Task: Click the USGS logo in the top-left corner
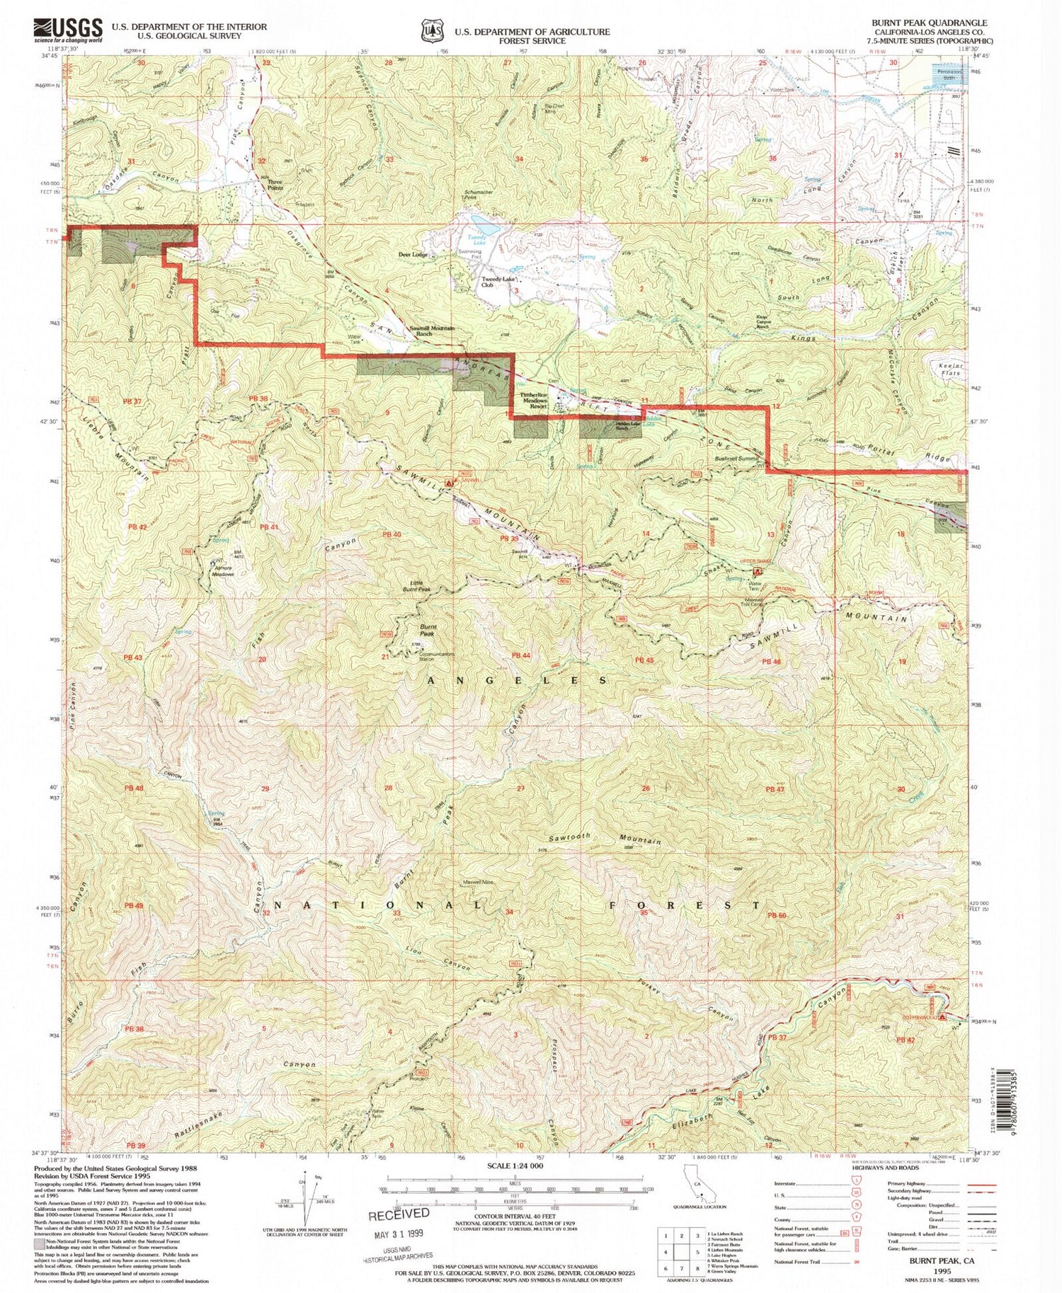pos(67,30)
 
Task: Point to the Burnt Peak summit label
pos(428,630)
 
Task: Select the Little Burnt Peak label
pos(417,585)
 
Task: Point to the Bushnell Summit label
pos(736,459)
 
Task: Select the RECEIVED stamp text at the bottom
pos(399,1214)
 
